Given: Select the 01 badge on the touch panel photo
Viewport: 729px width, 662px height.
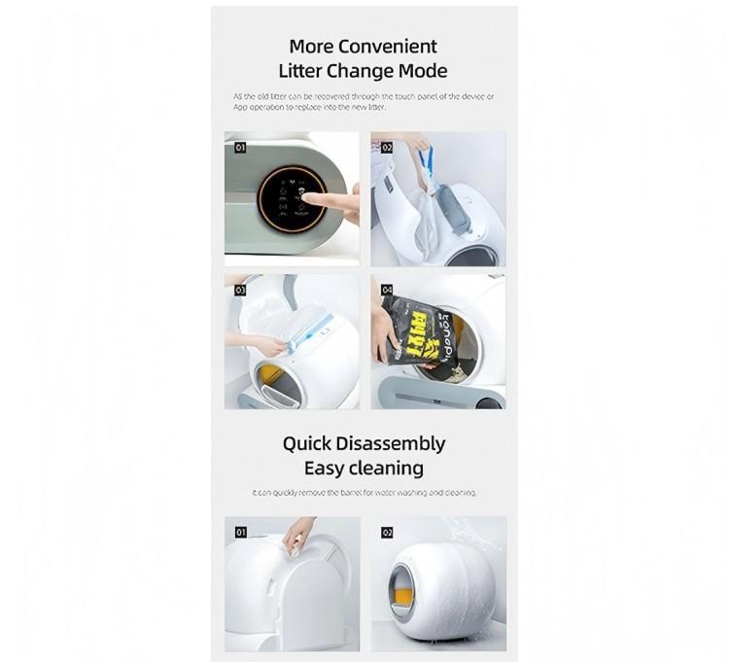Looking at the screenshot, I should tap(240, 148).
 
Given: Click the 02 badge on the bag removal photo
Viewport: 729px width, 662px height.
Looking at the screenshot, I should tap(386, 148).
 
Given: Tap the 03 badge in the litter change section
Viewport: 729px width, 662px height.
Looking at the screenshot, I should tap(240, 289).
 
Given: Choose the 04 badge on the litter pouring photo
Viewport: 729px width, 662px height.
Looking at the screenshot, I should tap(386, 289).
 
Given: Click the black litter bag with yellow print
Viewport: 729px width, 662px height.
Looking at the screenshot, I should tap(407, 331).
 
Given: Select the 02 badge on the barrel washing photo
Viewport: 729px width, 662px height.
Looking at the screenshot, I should tap(386, 533).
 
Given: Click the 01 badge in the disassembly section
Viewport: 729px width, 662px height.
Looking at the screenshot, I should tap(240, 533).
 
